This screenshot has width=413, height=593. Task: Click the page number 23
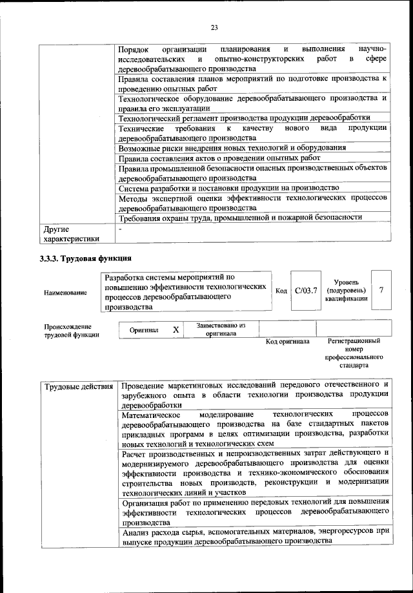coord(214,27)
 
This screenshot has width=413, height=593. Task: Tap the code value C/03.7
coord(305,291)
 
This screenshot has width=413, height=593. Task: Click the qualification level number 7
coord(381,290)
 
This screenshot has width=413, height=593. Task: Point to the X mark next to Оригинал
coord(176,329)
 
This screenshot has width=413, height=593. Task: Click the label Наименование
coord(66,293)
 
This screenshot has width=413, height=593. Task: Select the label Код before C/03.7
coord(281,291)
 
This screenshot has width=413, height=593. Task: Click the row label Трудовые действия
coord(78,386)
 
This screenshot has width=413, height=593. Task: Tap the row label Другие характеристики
coord(71,234)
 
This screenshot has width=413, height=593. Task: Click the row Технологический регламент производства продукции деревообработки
coord(245,118)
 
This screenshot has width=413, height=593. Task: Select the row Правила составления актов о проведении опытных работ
coord(220,158)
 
